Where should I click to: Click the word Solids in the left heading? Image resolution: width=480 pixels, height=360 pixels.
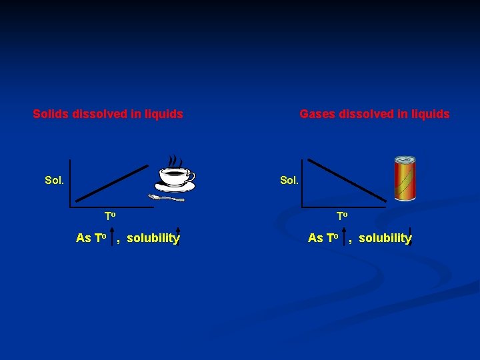point(50,114)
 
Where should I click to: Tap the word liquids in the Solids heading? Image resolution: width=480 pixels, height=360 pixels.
point(163,114)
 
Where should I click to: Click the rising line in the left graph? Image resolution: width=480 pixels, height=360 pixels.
point(112,182)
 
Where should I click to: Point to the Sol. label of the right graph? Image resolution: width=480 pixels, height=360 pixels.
point(289,181)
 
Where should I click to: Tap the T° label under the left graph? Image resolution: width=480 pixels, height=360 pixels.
point(110,216)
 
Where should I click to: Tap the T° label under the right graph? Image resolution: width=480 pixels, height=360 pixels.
point(342,216)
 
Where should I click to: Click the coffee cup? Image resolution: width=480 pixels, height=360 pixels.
point(174,178)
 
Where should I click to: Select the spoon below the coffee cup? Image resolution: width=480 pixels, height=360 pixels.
point(166,198)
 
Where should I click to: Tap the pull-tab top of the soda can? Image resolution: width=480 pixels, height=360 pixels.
point(404,160)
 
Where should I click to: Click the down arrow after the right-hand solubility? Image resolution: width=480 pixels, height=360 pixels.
point(411,237)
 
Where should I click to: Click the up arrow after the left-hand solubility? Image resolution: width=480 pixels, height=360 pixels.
point(179,237)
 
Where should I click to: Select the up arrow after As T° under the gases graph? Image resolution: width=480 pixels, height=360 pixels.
point(344,238)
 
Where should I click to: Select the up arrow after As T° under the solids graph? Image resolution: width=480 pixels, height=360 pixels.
point(112,238)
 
